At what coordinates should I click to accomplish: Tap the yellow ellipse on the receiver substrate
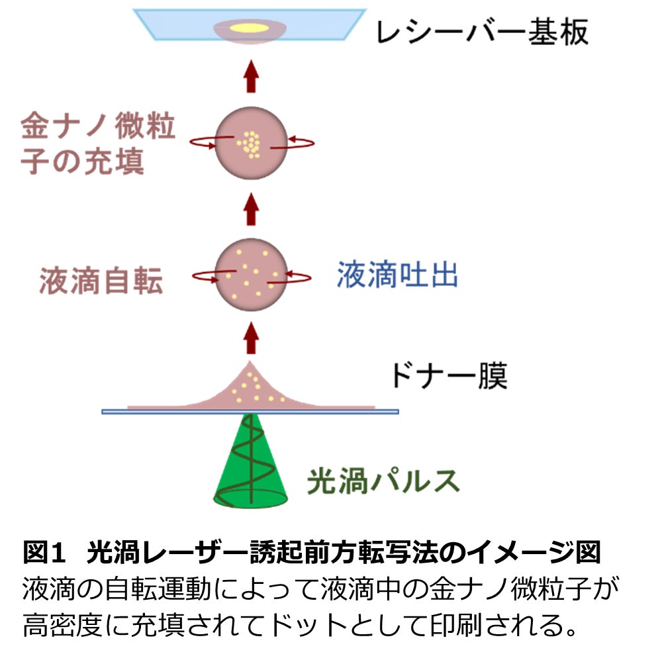click(250, 28)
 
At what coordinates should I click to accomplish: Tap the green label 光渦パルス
click(383, 481)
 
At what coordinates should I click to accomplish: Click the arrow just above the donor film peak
click(250, 338)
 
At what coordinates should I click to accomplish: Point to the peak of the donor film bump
click(250, 365)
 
